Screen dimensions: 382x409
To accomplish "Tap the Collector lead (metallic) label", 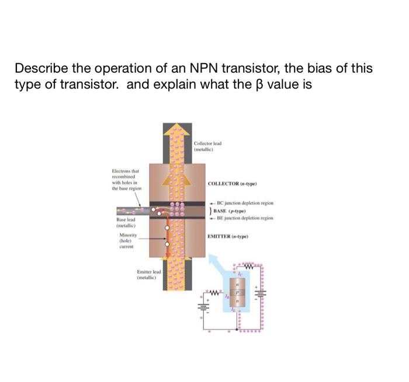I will pyautogui.click(x=207, y=146).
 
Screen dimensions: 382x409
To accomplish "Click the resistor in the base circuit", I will pyautogui.click(x=214, y=292).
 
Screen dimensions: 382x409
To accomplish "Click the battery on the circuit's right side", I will pyautogui.click(x=261, y=295).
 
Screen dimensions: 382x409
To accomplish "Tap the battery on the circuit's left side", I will pyautogui.click(x=204, y=305).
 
